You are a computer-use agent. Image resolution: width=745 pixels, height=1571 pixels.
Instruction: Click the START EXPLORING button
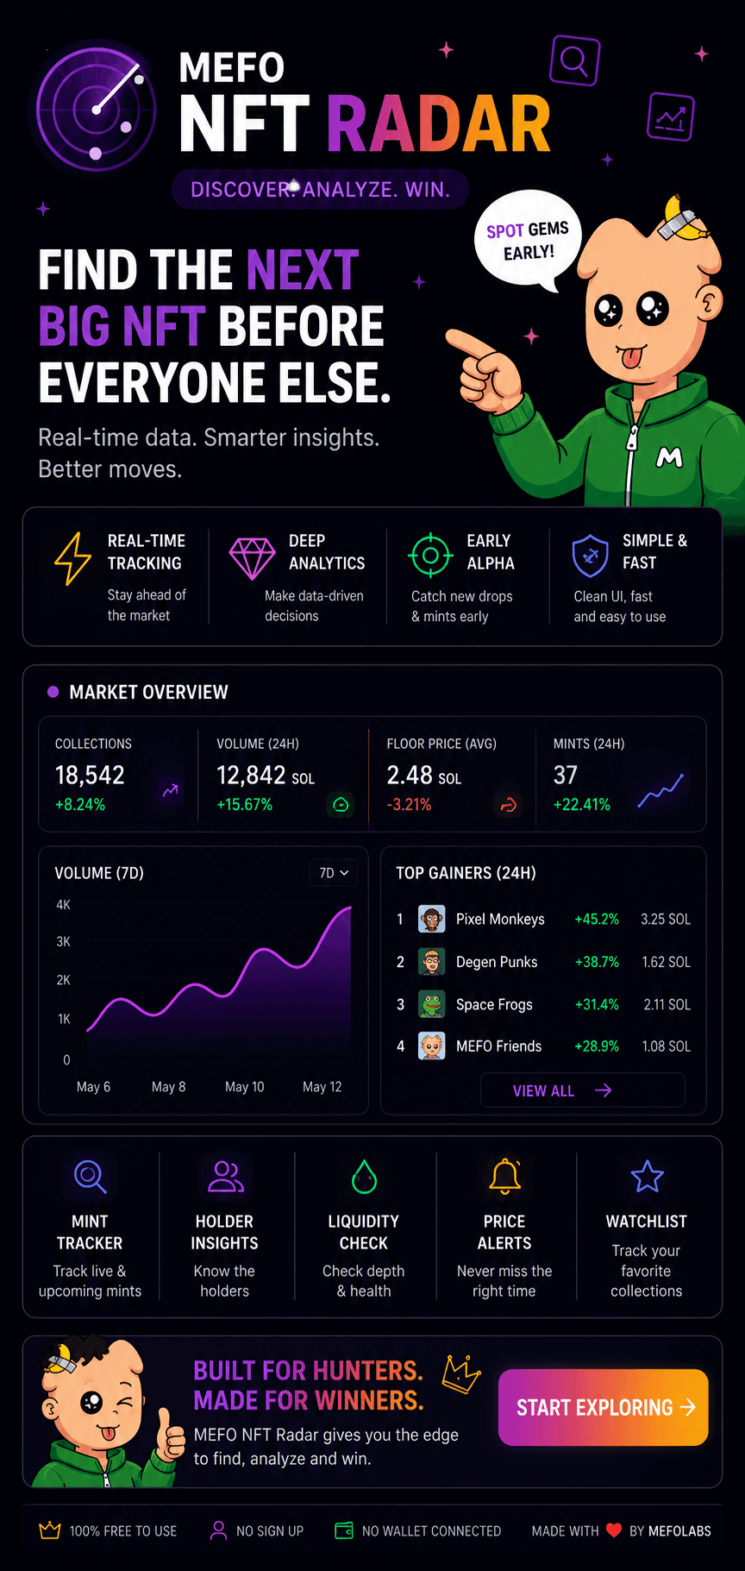(x=603, y=1407)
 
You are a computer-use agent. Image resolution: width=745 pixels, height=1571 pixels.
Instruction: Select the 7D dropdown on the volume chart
(x=334, y=873)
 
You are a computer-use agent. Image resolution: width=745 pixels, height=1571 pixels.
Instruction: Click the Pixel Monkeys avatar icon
(x=431, y=919)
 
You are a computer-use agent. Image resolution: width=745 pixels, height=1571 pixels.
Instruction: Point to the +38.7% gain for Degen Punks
(x=597, y=962)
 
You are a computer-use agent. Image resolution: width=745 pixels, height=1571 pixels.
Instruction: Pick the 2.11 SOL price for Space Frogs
(x=667, y=1004)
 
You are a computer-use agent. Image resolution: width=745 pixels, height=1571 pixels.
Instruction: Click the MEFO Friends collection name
(x=498, y=1046)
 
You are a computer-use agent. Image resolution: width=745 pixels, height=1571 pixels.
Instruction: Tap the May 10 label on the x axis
(x=245, y=1087)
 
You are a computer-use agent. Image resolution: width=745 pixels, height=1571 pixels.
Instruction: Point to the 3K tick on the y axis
(x=64, y=942)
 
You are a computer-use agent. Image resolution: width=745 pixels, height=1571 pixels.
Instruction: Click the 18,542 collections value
(x=90, y=776)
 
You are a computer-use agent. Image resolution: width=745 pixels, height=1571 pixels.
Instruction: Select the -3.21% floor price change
(x=410, y=805)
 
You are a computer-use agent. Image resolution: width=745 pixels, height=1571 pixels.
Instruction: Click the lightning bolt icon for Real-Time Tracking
(x=72, y=558)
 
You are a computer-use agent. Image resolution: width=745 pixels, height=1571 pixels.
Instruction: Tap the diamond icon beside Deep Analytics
(x=252, y=558)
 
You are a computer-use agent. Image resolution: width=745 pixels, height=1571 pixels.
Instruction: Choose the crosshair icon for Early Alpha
(x=430, y=556)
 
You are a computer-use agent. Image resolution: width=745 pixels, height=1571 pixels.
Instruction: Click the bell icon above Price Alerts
(x=505, y=1176)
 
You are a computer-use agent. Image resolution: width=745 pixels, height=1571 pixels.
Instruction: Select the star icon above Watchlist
(x=647, y=1176)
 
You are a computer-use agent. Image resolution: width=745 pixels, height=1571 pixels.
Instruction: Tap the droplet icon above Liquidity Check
(x=365, y=1177)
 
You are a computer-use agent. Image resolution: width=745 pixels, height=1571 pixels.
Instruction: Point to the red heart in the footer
(x=614, y=1530)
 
